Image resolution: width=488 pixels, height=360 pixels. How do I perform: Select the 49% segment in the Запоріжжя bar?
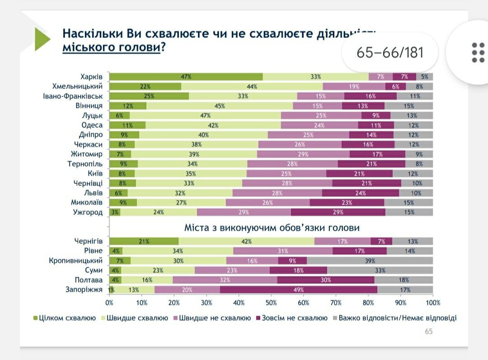[298, 290]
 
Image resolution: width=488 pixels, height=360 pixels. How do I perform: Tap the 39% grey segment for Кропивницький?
[370, 261]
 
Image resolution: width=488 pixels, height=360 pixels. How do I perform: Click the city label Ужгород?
[88, 212]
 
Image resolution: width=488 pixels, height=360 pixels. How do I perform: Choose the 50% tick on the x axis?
[271, 303]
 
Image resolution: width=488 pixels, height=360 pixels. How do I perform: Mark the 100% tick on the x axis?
[433, 303]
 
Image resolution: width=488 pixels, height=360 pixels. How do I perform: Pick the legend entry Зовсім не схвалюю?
[291, 318]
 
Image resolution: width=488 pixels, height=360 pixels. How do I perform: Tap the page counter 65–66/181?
[390, 52]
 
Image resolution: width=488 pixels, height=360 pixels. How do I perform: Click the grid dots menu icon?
[478, 53]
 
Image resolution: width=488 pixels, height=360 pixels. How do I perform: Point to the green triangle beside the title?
[42, 39]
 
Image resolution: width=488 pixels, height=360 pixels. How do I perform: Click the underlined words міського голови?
[111, 47]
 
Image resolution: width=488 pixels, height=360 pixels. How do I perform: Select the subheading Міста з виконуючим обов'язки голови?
[272, 228]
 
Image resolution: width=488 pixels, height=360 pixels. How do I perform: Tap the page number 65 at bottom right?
[428, 332]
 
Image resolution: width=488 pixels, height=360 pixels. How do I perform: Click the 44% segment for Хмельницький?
[252, 86]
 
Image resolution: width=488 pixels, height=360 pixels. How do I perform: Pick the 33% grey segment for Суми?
[380, 270]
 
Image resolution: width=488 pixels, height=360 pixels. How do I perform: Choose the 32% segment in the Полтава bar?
[225, 280]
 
